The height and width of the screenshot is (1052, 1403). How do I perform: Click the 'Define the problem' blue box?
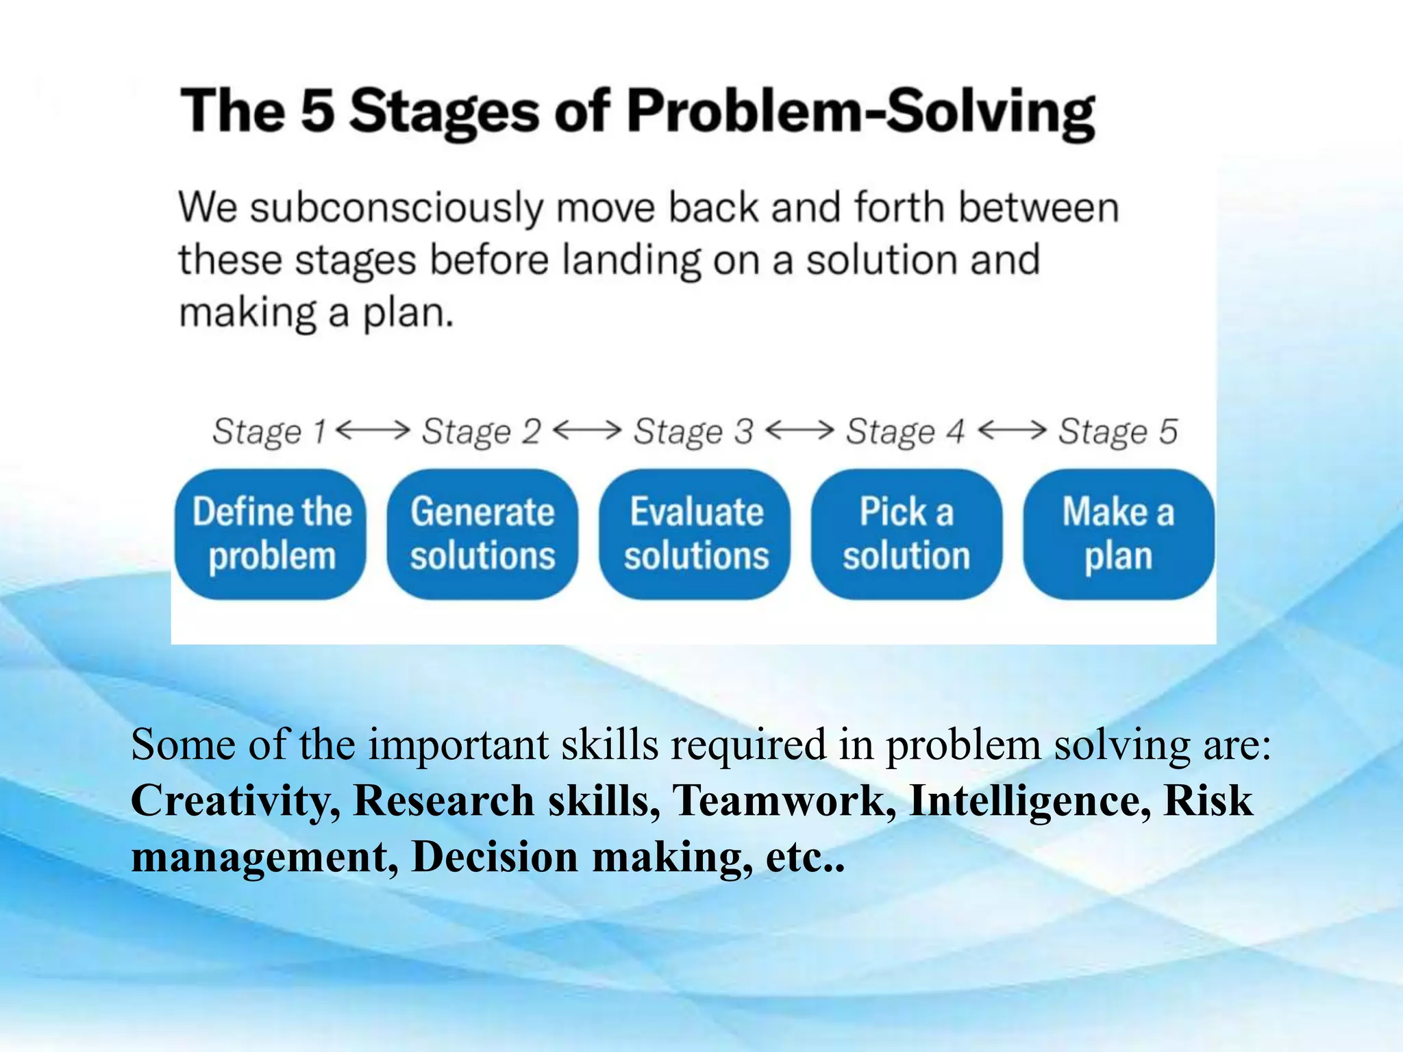(271, 534)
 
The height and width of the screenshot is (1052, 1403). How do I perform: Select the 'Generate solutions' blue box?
(482, 534)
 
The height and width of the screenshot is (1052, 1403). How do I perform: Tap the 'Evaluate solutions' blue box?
(695, 534)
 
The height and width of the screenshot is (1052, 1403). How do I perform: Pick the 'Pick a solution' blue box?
(906, 534)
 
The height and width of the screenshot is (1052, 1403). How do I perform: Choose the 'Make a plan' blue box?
(1118, 534)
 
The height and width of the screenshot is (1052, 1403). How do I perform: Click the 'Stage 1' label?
(269, 432)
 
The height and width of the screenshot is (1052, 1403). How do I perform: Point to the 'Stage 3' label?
(693, 432)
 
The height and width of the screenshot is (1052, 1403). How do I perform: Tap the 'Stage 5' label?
(1117, 432)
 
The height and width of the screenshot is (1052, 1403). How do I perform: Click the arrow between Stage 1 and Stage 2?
(373, 430)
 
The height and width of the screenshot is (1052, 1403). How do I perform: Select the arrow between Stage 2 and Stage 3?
(586, 430)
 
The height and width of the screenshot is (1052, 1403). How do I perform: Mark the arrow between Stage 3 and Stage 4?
(799, 430)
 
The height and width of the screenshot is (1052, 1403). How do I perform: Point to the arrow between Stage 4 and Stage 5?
(1012, 430)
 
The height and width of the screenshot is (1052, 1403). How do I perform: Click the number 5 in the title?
(318, 111)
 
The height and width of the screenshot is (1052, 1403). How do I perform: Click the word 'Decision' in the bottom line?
(495, 857)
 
